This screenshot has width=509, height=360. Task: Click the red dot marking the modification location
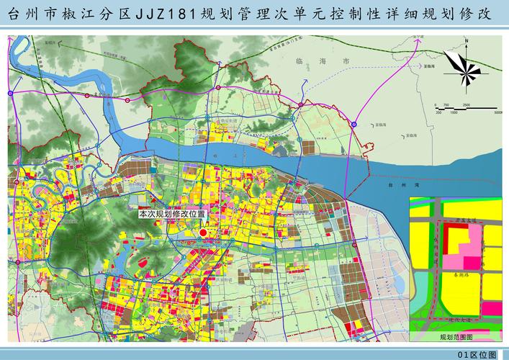[203, 233]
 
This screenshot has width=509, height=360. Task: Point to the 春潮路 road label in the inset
[453, 275]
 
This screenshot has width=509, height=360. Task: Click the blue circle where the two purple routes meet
[353, 124]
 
